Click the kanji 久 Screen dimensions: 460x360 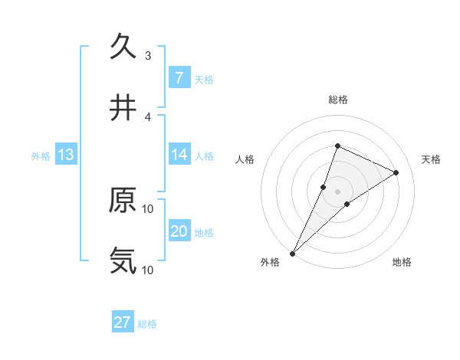[x=123, y=47]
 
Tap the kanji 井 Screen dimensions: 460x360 [x=123, y=108]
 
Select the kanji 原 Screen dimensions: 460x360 [x=123, y=200]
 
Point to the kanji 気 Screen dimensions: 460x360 [x=123, y=260]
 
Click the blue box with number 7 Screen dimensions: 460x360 [x=179, y=78]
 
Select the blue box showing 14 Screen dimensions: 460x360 [x=179, y=155]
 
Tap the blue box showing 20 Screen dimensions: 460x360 [x=179, y=232]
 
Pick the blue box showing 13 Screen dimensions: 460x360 [x=66, y=155]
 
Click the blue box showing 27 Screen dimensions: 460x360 [x=123, y=322]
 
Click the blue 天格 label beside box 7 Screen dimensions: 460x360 [x=204, y=79]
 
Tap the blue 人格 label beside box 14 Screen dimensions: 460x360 [x=204, y=155]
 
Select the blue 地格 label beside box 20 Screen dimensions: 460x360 [x=204, y=233]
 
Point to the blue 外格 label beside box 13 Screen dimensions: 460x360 [x=41, y=155]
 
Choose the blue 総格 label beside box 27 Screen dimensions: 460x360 [x=148, y=323]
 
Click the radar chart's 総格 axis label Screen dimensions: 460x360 [x=337, y=100]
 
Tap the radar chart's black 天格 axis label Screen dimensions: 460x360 [x=432, y=159]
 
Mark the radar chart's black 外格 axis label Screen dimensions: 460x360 [x=270, y=262]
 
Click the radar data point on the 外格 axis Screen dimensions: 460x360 [x=293, y=253]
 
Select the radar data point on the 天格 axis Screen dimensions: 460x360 [x=396, y=172]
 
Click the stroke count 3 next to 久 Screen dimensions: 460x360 [x=148, y=55]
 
